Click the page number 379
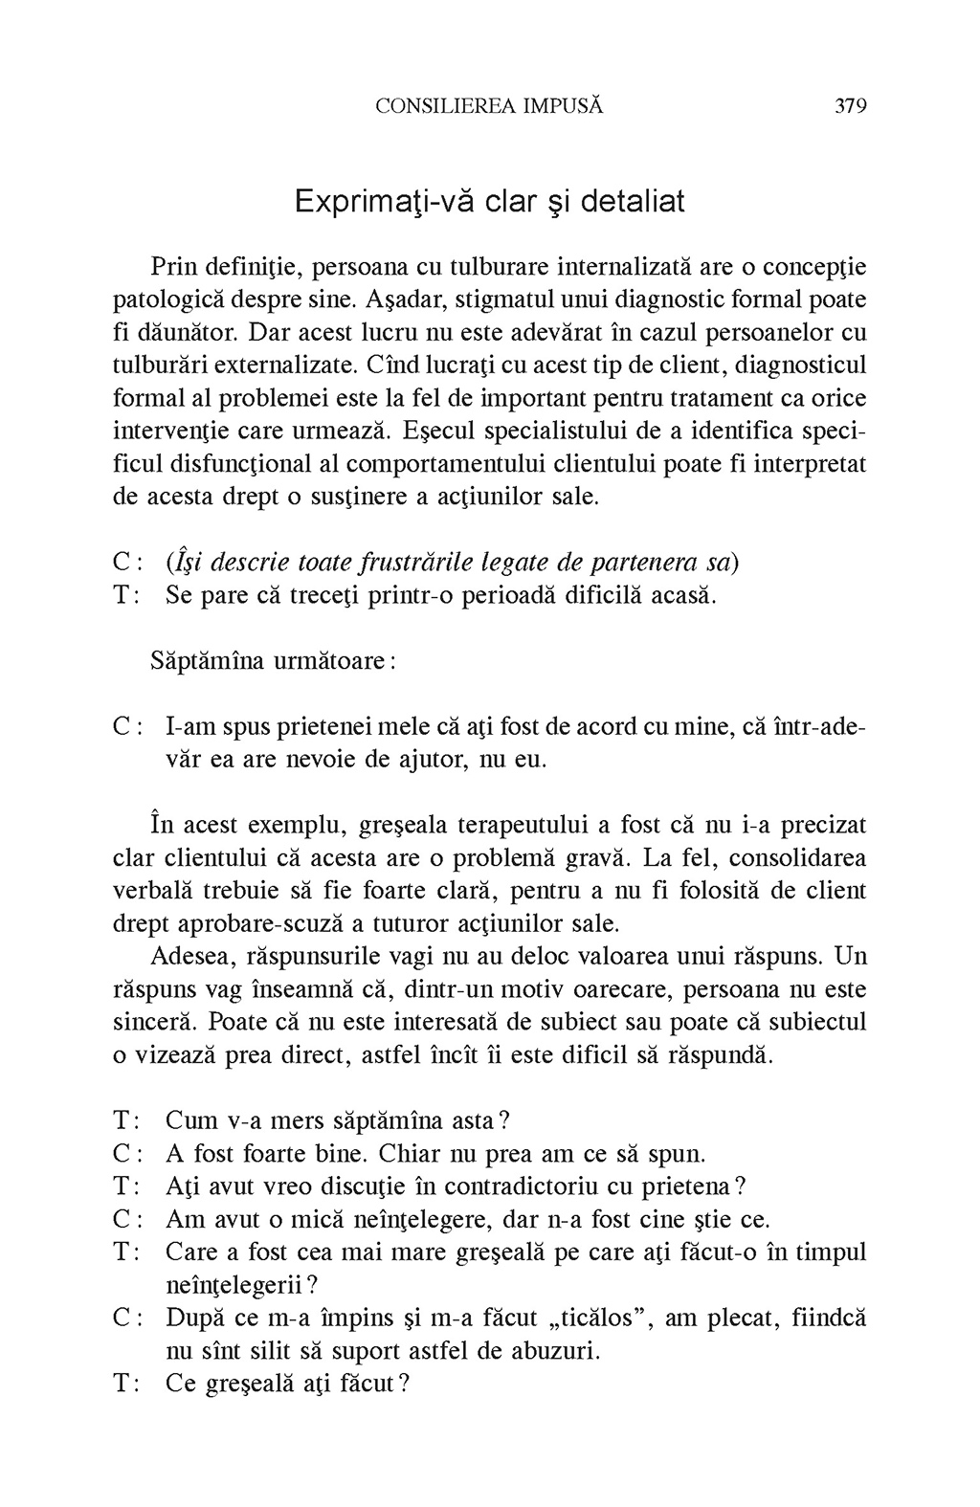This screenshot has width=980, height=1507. coord(850,105)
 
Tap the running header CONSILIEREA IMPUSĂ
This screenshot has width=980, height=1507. coord(489,105)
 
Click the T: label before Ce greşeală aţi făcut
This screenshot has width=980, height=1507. coord(127,1384)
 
